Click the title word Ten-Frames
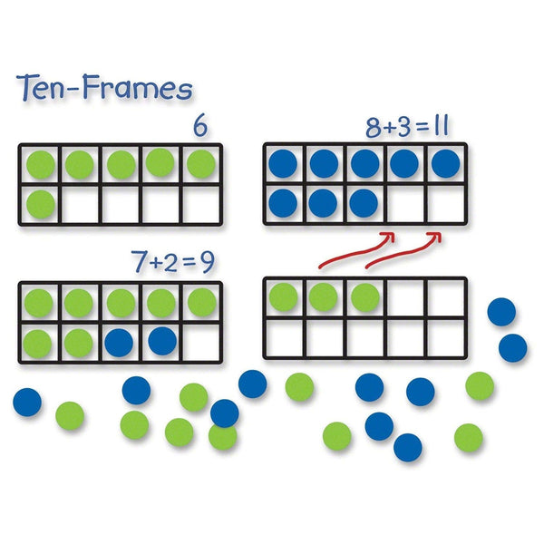104,89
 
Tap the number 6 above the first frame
199,127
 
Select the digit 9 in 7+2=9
207,263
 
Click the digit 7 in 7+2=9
139,263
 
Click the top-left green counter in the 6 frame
39,164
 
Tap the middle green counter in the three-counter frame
323,296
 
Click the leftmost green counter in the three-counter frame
283,296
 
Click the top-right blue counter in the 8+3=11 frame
445,162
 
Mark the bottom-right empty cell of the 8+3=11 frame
445,201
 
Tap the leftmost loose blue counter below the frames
28,400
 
